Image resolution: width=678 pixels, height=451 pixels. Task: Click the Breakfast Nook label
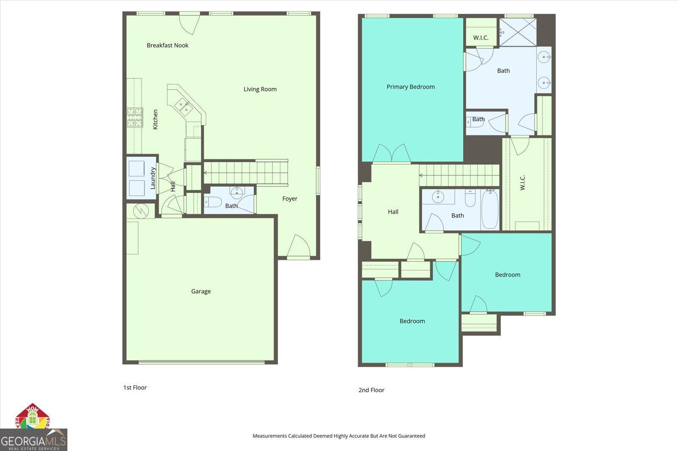pos(167,45)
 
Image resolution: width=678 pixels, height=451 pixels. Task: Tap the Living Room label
pos(260,89)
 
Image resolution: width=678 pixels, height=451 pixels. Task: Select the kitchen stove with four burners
pos(135,118)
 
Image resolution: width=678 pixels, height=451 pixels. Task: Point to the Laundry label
pos(153,178)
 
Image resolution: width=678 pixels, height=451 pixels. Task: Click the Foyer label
pos(290,199)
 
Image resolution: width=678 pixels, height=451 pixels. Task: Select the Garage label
pos(201,291)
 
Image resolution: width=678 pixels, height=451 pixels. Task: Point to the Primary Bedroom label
pos(411,87)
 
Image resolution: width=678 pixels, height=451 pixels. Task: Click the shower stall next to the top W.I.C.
pos(518,32)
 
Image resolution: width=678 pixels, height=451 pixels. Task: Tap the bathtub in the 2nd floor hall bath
pos(490,209)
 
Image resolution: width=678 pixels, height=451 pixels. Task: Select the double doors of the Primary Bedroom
pos(392,154)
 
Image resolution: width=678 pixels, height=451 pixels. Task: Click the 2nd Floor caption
pos(371,390)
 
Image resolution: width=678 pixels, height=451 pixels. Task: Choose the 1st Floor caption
pos(135,388)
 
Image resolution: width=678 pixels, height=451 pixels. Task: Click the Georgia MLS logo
pos(33,440)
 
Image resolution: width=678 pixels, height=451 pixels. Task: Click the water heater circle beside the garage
pos(140,210)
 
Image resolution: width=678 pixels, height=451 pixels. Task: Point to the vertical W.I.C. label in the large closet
pos(522,183)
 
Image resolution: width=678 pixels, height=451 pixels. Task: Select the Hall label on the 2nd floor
pos(393,212)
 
